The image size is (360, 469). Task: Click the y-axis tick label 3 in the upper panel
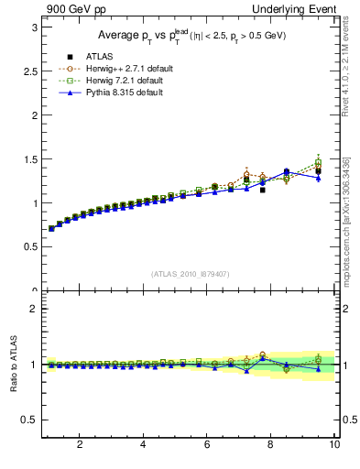click(x=33, y=27)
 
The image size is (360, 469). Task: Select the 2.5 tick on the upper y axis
click(x=29, y=71)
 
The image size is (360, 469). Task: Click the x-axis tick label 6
click(x=207, y=445)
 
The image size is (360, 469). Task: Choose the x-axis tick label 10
click(x=334, y=445)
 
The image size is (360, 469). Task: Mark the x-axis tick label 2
click(x=80, y=445)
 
